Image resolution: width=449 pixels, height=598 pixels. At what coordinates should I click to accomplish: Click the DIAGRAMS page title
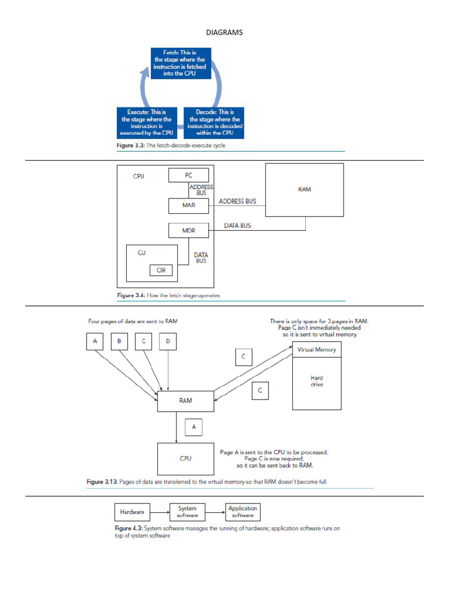pyautogui.click(x=224, y=33)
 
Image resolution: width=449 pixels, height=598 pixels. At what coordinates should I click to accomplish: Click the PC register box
pyautogui.click(x=188, y=175)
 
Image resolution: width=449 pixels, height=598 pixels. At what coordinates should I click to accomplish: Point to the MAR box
pyautogui.click(x=188, y=206)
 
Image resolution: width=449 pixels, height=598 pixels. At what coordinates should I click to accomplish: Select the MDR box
pyautogui.click(x=188, y=231)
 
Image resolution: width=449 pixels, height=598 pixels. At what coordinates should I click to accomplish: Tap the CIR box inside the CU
pyautogui.click(x=161, y=270)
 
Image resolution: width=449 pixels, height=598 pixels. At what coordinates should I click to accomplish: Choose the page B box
pyautogui.click(x=119, y=341)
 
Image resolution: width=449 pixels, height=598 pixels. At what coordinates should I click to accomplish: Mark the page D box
pyautogui.click(x=168, y=341)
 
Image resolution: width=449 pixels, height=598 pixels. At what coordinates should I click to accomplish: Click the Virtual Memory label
pyautogui.click(x=317, y=350)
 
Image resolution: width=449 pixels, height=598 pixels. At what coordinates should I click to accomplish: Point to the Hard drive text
pyautogui.click(x=316, y=382)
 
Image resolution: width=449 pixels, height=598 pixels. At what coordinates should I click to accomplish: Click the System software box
pyautogui.click(x=187, y=512)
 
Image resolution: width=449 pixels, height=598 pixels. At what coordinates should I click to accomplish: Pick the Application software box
pyautogui.click(x=243, y=512)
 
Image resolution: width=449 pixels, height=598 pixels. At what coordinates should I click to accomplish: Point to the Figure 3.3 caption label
pyautogui.click(x=129, y=146)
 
